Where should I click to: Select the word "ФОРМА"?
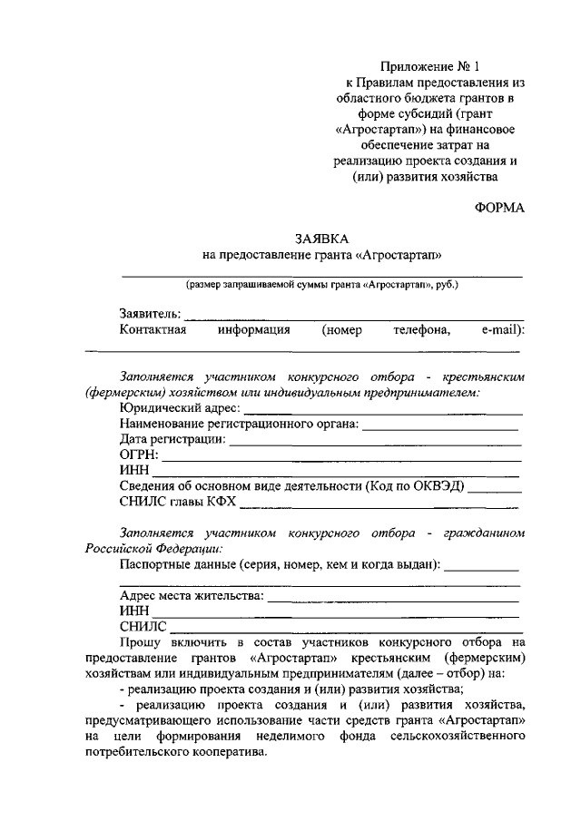tap(499, 208)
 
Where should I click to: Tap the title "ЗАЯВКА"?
tap(321, 239)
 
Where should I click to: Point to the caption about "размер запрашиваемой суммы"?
tap(322, 285)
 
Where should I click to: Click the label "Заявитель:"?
tap(151, 314)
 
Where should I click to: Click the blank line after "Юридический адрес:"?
tap(382, 412)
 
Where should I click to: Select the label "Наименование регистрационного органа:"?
tap(240, 423)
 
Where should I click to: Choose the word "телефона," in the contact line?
tap(422, 330)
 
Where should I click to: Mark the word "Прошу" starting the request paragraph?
tap(139, 642)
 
